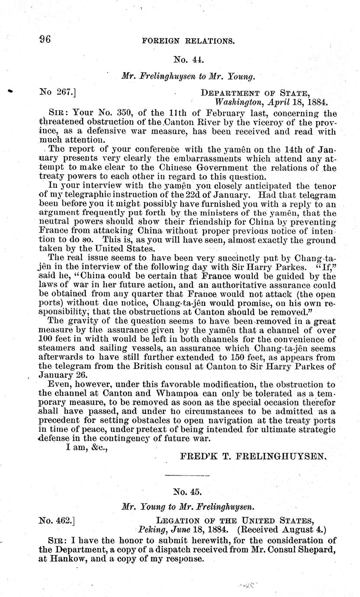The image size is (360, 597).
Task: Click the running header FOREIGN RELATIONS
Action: [189, 42]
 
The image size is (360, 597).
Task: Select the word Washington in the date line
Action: [237, 103]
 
